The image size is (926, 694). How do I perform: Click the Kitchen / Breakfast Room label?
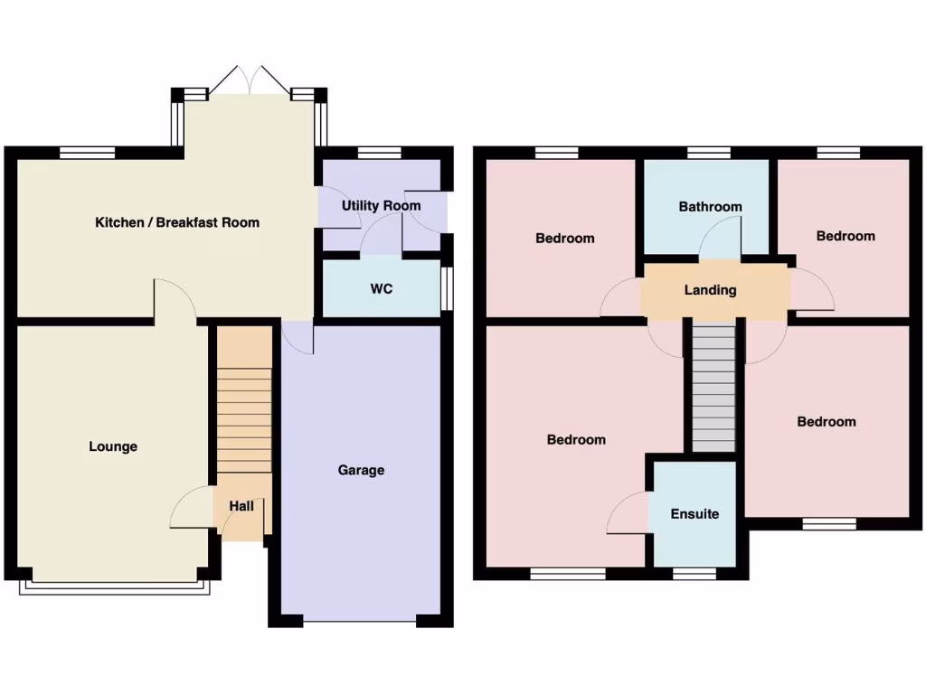pyautogui.click(x=177, y=222)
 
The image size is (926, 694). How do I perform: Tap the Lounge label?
pyautogui.click(x=113, y=446)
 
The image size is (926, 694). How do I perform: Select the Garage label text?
pyautogui.click(x=361, y=470)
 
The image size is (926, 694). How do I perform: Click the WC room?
pyautogui.click(x=381, y=290)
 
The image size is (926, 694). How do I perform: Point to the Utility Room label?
pyautogui.click(x=381, y=206)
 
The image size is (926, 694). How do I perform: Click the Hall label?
pyautogui.click(x=241, y=507)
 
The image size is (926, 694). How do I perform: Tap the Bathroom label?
pyautogui.click(x=710, y=207)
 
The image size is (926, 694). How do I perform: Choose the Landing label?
pyautogui.click(x=710, y=290)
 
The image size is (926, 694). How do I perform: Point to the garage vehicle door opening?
pyautogui.click(x=360, y=622)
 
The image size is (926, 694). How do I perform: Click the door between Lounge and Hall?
pyautogui.click(x=191, y=508)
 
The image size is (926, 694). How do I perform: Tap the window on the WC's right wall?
pyautogui.click(x=448, y=289)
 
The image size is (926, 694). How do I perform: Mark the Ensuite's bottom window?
pyautogui.click(x=694, y=573)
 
